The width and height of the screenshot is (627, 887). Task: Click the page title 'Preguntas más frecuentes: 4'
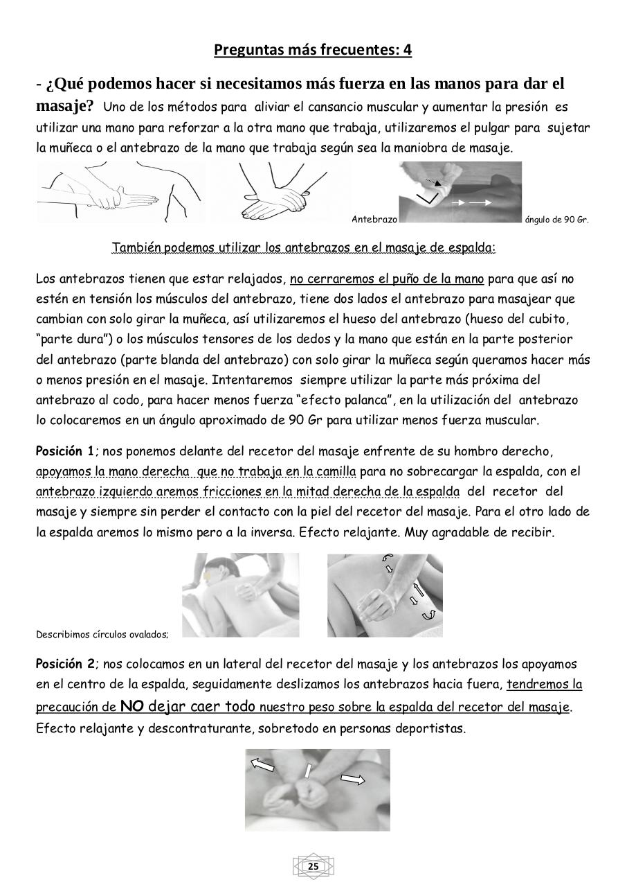(313, 51)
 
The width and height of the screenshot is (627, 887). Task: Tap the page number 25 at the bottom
(313, 867)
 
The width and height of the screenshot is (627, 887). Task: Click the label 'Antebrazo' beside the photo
(374, 220)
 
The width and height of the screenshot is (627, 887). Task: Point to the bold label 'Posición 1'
(64, 452)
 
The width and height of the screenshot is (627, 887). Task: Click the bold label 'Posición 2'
(64, 664)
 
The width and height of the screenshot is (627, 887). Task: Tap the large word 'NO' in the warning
(131, 707)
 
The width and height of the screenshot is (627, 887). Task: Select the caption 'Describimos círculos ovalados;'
(102, 633)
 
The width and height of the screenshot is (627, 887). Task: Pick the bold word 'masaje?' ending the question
(65, 106)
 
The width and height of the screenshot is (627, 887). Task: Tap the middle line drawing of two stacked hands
(274, 192)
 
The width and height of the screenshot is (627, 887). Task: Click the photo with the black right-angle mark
(460, 192)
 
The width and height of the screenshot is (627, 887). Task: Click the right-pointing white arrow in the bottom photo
(353, 780)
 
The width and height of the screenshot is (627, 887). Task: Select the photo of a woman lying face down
(240, 595)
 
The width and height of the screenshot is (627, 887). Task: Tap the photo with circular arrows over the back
(385, 595)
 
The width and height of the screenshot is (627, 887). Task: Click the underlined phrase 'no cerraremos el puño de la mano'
(386, 279)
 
